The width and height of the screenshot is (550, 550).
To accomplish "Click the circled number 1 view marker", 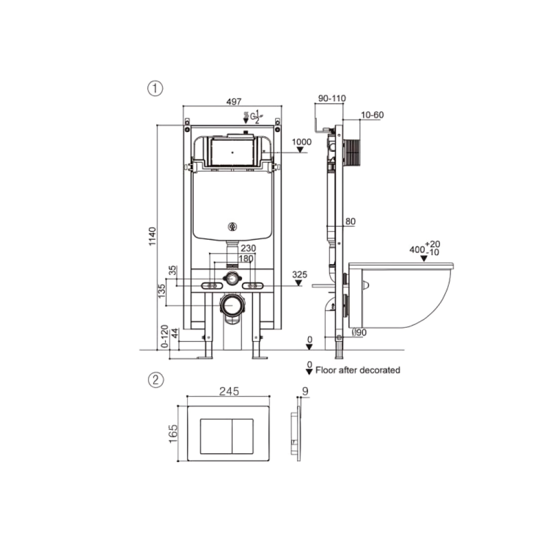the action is (155, 88).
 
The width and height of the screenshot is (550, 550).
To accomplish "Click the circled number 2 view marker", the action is (156, 380).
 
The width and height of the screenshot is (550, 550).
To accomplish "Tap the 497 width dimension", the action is (234, 101).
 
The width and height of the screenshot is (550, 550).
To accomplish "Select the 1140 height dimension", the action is (152, 237).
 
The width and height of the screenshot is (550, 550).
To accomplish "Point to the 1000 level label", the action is (301, 142).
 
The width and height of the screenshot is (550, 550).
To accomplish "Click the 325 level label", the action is (300, 274).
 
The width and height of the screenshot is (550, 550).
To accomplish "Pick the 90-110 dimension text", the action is (332, 98).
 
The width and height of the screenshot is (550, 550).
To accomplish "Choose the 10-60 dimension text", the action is (372, 115).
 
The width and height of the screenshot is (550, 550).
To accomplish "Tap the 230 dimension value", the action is (248, 248).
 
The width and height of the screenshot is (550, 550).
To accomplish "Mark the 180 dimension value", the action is (246, 258).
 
